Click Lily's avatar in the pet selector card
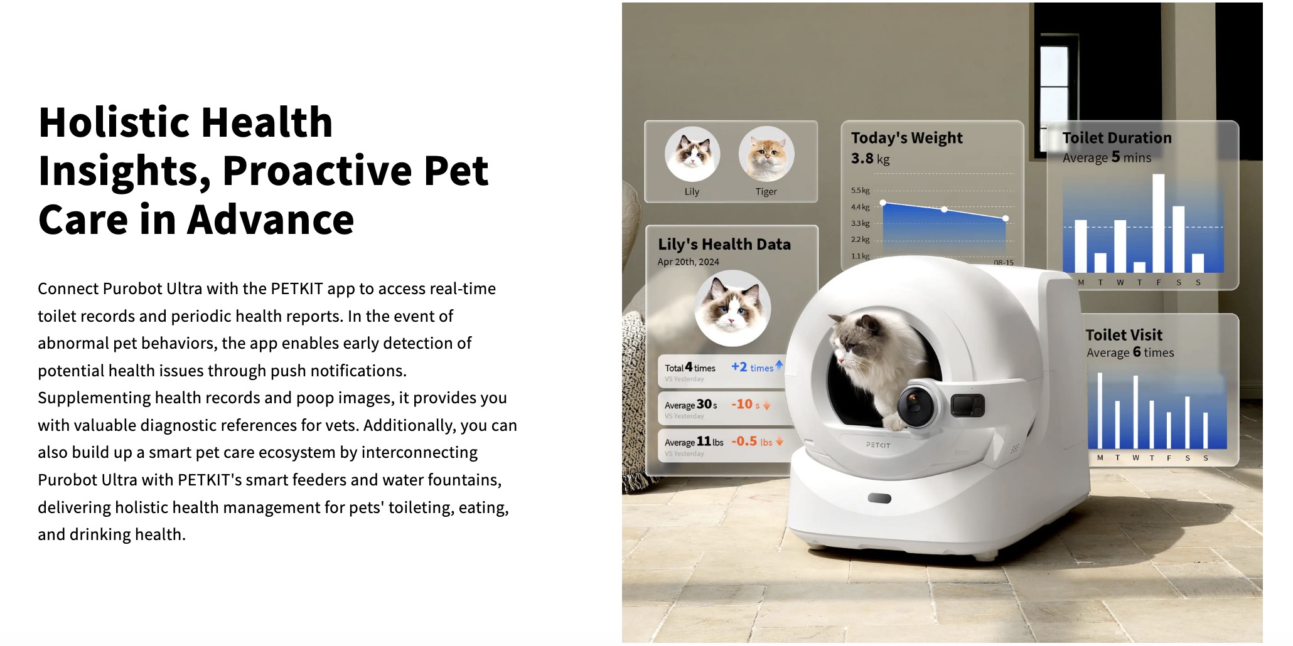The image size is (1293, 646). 692,154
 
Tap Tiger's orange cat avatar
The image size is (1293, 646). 766,154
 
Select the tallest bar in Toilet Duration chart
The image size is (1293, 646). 1158,223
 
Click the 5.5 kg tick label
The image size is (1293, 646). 861,190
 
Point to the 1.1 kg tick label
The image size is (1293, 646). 861,256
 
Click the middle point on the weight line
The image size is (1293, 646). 944,209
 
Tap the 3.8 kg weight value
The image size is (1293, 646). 870,159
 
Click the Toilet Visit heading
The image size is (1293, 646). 1124,335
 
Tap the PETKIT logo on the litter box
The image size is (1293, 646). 878,445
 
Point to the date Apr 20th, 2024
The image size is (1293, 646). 688,262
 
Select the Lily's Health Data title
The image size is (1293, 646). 724,245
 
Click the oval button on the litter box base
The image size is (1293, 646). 879,499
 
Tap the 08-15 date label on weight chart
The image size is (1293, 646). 1003,262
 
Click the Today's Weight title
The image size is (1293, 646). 906,138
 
